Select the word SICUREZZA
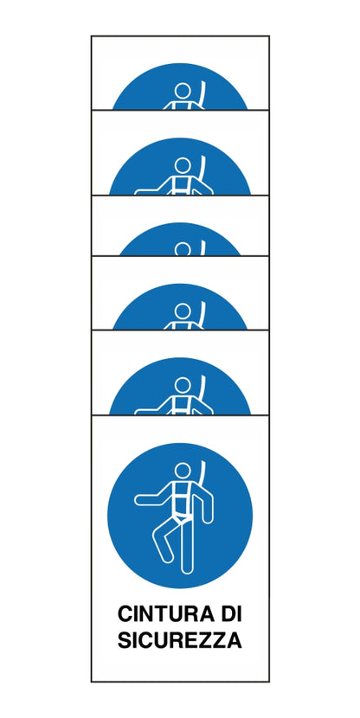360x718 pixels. point(179,640)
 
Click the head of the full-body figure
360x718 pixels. point(183,471)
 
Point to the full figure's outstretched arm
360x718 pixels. point(151,498)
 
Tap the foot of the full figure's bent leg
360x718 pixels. point(166,556)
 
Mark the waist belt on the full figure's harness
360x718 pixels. point(183,516)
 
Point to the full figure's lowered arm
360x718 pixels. point(206,506)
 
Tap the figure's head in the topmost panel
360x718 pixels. point(183,91)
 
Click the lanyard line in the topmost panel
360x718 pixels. point(202,95)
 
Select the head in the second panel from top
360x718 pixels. point(183,165)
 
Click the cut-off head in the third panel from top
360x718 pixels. point(183,248)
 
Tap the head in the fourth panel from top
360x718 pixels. point(183,311)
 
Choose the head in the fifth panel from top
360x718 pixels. point(183,385)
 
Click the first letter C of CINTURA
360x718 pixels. point(125,614)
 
